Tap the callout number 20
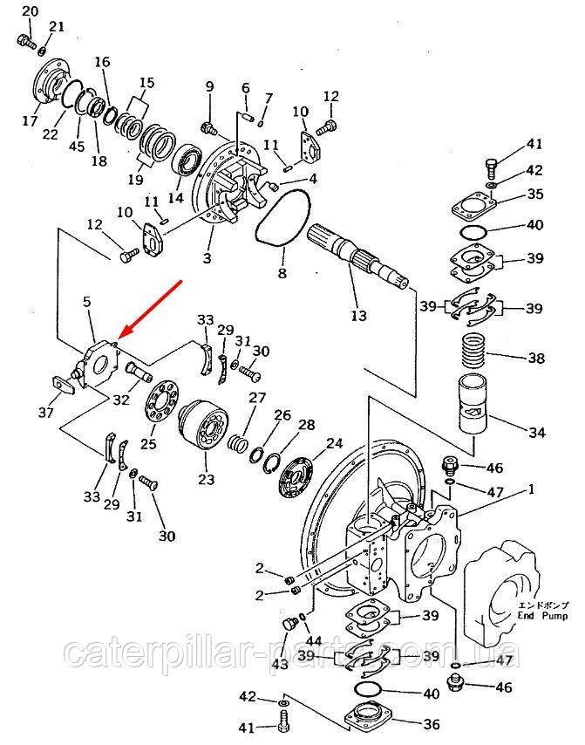point(30,10)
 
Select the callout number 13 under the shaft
point(359,315)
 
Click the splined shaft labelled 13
point(357,256)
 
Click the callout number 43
point(279,664)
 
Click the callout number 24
point(335,443)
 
